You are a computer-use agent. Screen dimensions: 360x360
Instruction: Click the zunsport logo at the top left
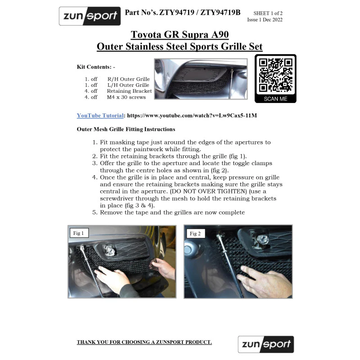90,16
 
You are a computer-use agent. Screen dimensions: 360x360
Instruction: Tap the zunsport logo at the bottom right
266,344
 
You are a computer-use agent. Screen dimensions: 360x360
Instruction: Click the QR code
275,75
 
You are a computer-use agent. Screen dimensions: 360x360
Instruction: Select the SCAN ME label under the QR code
275,99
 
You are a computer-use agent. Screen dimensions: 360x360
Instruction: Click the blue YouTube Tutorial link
100,116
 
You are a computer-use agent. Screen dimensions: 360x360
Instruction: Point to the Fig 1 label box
79,233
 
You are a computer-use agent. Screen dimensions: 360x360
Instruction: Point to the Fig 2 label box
195,234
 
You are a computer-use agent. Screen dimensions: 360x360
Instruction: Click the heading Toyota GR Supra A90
180,35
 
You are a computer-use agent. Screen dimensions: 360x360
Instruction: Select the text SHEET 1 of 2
268,13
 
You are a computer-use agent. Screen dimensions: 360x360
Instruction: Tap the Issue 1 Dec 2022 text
265,20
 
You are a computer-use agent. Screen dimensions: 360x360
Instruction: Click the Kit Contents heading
96,67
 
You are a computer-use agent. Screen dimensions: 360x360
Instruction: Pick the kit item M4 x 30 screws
126,97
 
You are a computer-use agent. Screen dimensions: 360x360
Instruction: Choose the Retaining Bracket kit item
129,91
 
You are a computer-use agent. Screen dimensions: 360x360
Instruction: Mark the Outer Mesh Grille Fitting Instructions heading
126,129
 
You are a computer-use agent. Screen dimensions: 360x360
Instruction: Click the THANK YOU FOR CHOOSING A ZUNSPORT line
144,342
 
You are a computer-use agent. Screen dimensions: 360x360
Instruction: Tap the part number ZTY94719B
220,13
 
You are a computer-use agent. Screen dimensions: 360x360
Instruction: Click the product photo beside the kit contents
201,79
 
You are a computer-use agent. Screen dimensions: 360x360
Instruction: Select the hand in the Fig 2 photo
264,281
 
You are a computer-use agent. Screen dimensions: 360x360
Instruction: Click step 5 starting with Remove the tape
168,212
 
